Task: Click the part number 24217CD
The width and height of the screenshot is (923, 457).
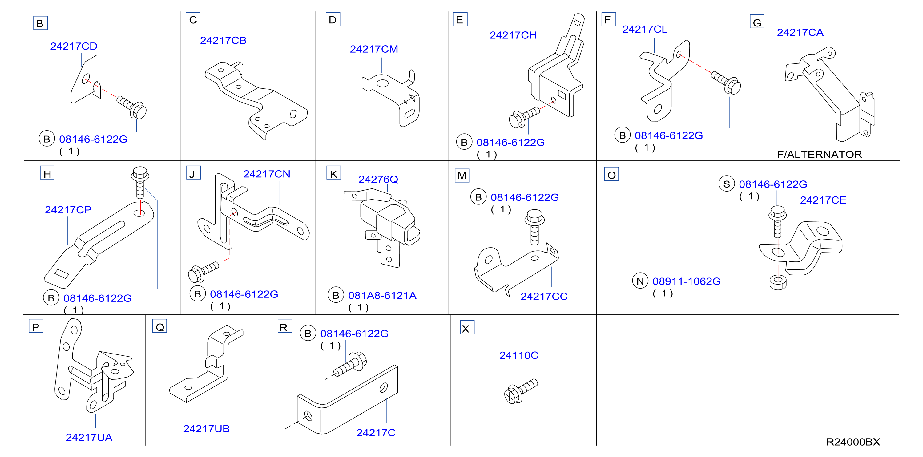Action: pyautogui.click(x=74, y=46)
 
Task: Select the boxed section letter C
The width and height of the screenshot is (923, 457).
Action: pyautogui.click(x=193, y=20)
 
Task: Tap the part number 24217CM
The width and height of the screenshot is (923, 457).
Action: pyautogui.click(x=374, y=49)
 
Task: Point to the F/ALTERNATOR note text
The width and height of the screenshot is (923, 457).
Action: pyautogui.click(x=820, y=155)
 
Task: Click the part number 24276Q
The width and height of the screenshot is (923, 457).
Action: pyautogui.click(x=378, y=179)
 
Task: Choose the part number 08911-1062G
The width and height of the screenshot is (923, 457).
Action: pyautogui.click(x=687, y=281)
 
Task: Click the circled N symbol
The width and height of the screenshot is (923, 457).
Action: pyautogui.click(x=640, y=281)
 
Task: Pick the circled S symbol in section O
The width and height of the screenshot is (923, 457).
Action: pyautogui.click(x=727, y=184)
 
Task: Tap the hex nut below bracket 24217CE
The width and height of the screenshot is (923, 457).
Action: pyautogui.click(x=778, y=282)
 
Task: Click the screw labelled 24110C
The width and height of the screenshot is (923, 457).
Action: pyautogui.click(x=521, y=391)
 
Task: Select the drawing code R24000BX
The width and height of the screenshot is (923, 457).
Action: pyautogui.click(x=853, y=442)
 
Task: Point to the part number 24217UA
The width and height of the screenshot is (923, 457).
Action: pyautogui.click(x=89, y=437)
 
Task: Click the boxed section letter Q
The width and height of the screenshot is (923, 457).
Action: pyautogui.click(x=160, y=326)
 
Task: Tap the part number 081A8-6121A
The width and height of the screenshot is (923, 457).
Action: pyautogui.click(x=382, y=295)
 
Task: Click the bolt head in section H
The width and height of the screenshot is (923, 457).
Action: pyautogui.click(x=140, y=174)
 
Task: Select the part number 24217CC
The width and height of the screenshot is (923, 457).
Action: pyautogui.click(x=544, y=297)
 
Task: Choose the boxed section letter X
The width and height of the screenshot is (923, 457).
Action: pyautogui.click(x=467, y=328)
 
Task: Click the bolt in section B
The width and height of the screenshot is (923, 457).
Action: pyautogui.click(x=131, y=107)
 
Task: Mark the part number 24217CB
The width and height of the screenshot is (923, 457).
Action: pyautogui.click(x=223, y=41)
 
